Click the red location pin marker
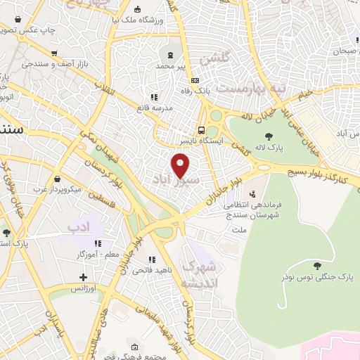coord(181,165)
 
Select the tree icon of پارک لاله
coord(269,136)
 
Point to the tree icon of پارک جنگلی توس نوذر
coord(317,265)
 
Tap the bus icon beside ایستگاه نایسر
coord(202,130)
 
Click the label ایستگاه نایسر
coord(184,141)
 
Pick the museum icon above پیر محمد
coord(171,55)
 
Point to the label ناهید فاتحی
coord(134,269)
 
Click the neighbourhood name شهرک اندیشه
coord(200,275)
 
